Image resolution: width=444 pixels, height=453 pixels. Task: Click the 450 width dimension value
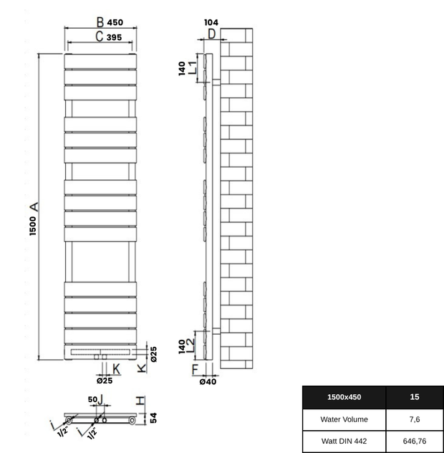click(118, 22)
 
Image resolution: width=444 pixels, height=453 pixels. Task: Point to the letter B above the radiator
click(100, 22)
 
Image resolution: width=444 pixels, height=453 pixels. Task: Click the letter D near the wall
click(212, 34)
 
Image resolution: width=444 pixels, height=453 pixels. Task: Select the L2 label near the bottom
click(192, 344)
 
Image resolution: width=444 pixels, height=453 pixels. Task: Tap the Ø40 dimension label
click(208, 381)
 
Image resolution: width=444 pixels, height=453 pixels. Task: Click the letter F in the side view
click(196, 369)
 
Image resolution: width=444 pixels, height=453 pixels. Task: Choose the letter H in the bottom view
click(141, 401)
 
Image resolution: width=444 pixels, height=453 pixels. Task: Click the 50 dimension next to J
click(92, 399)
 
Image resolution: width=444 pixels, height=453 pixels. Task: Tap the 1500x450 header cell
click(344, 396)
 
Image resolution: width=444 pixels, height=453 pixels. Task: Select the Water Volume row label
click(344, 419)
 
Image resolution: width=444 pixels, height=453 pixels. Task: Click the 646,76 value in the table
click(415, 441)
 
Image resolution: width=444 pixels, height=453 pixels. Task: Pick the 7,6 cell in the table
click(415, 419)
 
